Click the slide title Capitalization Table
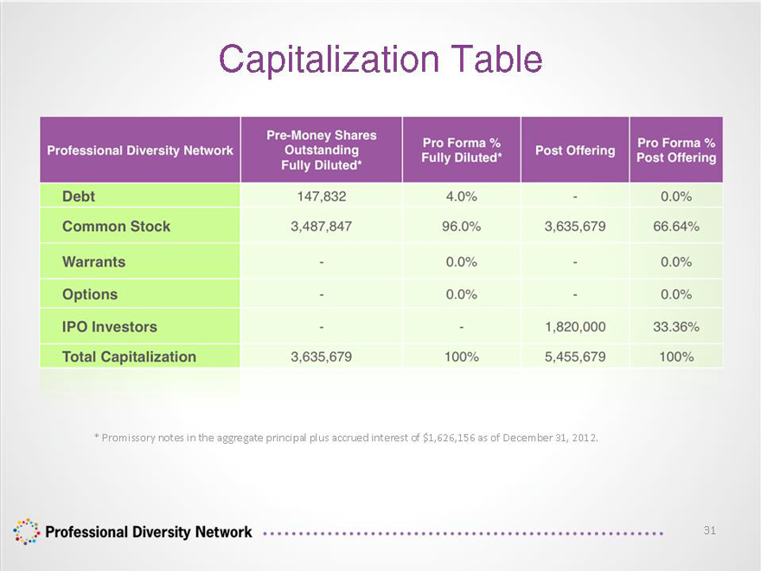(x=380, y=59)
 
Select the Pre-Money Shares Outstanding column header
(x=322, y=150)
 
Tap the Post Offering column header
(x=575, y=151)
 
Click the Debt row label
(x=79, y=196)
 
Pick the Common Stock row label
(x=116, y=227)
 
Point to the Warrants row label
(x=93, y=261)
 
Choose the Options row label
(x=90, y=294)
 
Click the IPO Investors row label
(x=109, y=327)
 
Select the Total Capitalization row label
(x=129, y=356)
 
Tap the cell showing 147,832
(x=322, y=196)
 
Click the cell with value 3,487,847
(x=322, y=227)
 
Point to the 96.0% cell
(x=461, y=227)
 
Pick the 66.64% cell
(x=676, y=227)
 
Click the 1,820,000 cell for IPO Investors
(x=575, y=327)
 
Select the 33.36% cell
(x=676, y=327)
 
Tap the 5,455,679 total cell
(x=575, y=356)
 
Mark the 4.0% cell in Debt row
(x=461, y=196)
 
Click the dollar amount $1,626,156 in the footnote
(x=449, y=438)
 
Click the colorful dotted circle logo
(x=26, y=532)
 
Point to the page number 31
(x=710, y=530)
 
